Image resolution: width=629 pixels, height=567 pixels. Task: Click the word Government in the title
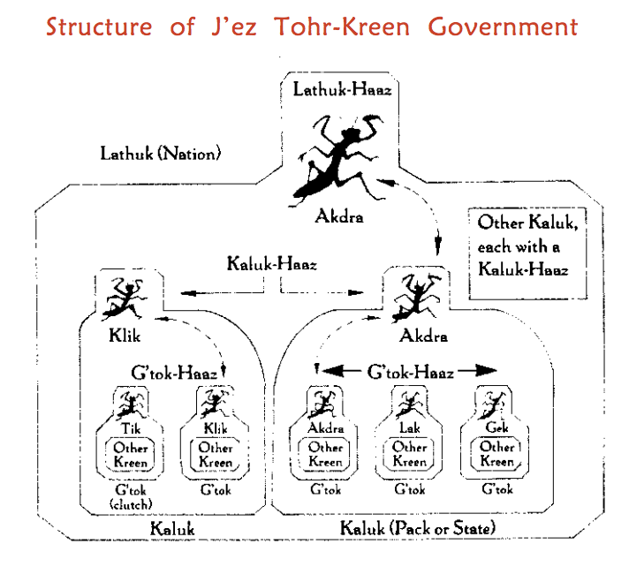point(503,26)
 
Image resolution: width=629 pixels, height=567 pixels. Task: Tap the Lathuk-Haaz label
point(342,89)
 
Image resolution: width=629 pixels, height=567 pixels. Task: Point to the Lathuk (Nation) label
point(161,154)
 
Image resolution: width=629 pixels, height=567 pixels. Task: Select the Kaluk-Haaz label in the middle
point(272,264)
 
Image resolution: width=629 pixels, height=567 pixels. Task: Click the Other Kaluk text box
point(528,253)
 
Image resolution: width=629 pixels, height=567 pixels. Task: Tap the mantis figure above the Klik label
point(125,299)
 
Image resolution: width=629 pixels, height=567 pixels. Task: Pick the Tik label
point(131,428)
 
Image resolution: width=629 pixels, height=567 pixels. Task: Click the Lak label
point(410,427)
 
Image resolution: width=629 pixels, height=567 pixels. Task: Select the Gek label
point(496,427)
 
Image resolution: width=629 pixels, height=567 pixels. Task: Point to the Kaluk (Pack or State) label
point(418,528)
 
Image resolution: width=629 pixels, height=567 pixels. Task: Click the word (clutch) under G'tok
point(131,504)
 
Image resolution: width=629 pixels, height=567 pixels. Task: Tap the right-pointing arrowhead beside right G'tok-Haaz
point(485,371)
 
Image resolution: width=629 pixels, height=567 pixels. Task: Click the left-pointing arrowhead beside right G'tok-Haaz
point(333,371)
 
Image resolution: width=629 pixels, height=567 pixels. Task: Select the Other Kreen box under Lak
point(409,454)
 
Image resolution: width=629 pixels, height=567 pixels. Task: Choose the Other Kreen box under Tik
point(131,455)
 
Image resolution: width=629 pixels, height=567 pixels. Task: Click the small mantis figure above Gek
point(494,404)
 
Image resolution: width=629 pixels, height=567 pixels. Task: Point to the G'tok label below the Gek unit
point(497,489)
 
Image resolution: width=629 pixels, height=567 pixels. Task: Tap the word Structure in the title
point(99,26)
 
